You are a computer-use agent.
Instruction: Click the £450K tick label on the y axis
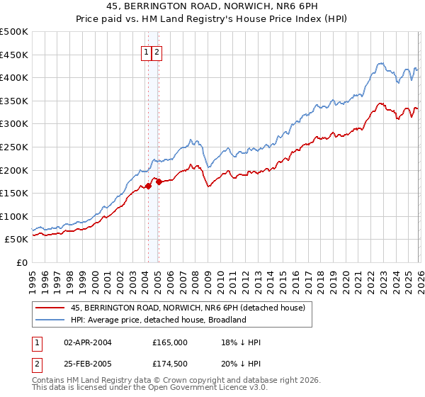pyautogui.click(x=14, y=55)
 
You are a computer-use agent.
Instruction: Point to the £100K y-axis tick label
pyautogui.click(x=14, y=216)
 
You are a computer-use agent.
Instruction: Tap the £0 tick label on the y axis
pyautogui.click(x=22, y=262)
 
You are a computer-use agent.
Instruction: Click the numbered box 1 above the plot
pyautogui.click(x=147, y=52)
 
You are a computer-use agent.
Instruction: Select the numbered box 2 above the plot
pyautogui.click(x=157, y=52)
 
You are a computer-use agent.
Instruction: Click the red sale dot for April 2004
pyautogui.click(x=148, y=186)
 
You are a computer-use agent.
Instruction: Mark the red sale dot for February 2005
pyautogui.click(x=159, y=181)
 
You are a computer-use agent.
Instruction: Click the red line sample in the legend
pyautogui.click(x=50, y=308)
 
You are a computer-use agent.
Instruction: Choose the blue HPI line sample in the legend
pyautogui.click(x=50, y=320)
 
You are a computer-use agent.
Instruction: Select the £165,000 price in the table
pyautogui.click(x=170, y=342)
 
